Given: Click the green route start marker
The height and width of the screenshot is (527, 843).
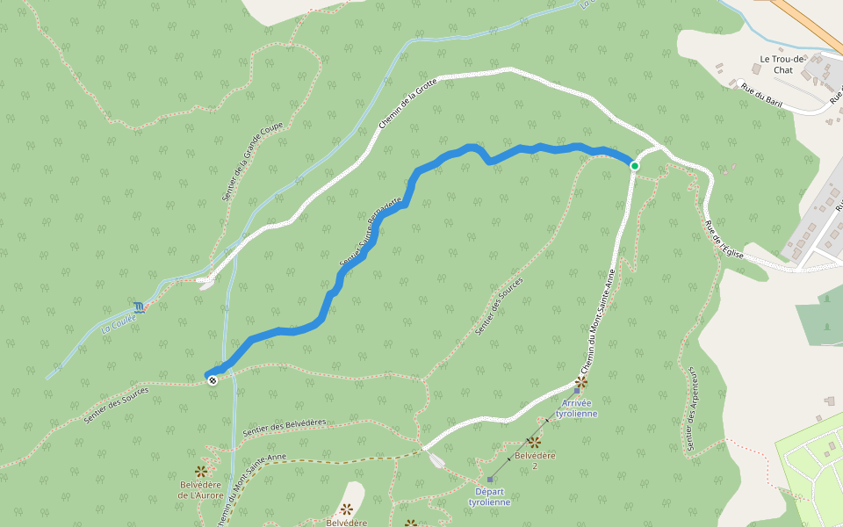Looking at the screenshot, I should (x=634, y=165).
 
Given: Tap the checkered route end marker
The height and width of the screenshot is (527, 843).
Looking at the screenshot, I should (x=212, y=379).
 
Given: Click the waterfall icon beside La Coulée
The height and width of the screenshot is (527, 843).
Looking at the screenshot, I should (x=139, y=307).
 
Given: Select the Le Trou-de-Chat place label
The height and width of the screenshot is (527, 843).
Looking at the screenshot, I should (x=775, y=65).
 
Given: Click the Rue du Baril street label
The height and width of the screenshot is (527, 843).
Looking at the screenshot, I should (x=761, y=95).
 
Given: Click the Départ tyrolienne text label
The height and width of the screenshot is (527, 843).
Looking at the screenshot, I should (x=489, y=496).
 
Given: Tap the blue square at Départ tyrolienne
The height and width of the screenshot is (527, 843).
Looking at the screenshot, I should (x=490, y=480).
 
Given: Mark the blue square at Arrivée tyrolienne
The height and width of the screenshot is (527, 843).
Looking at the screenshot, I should (x=577, y=389).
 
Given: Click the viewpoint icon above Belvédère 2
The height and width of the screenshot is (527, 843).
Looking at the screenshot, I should (x=533, y=442).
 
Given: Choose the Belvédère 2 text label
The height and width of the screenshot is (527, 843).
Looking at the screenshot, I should (x=534, y=459).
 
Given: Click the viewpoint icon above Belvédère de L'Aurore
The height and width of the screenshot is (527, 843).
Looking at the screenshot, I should (x=201, y=472).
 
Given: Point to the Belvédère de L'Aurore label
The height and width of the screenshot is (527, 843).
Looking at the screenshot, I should (x=201, y=489).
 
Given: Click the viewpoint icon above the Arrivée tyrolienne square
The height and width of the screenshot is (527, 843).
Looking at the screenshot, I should (x=580, y=382).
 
